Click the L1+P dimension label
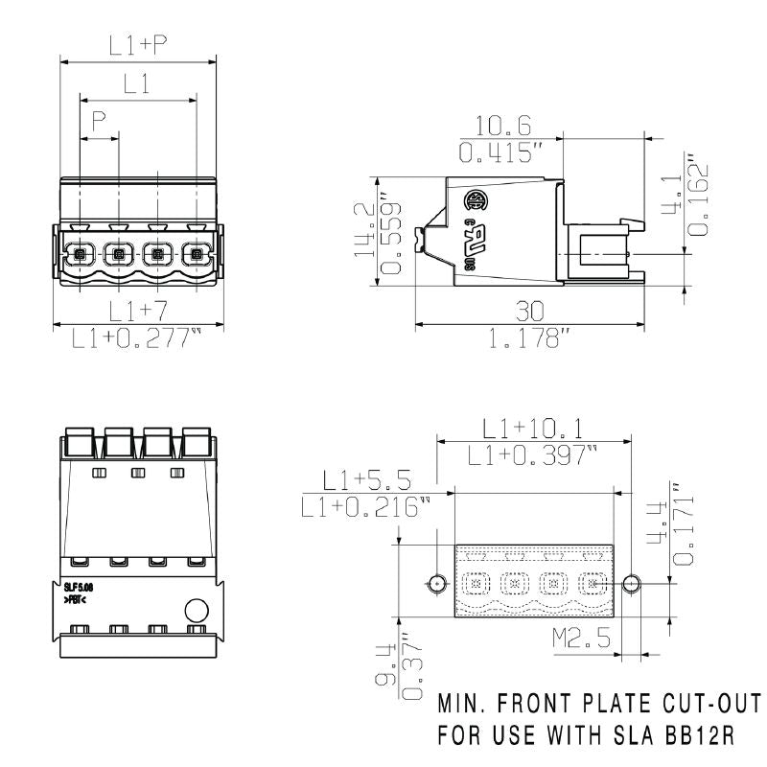pyautogui.click(x=138, y=45)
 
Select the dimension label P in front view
pyautogui.click(x=98, y=121)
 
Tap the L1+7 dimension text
pyautogui.click(x=138, y=310)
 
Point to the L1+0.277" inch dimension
pyautogui.click(x=138, y=338)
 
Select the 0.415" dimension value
pyautogui.click(x=500, y=152)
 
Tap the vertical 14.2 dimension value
pyautogui.click(x=363, y=231)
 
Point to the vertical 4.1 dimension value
pyautogui.click(x=674, y=192)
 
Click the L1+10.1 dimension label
pyautogui.click(x=533, y=429)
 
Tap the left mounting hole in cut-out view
pyautogui.click(x=437, y=583)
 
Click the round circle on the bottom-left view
pyautogui.click(x=196, y=610)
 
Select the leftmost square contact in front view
pyautogui.click(x=80, y=255)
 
